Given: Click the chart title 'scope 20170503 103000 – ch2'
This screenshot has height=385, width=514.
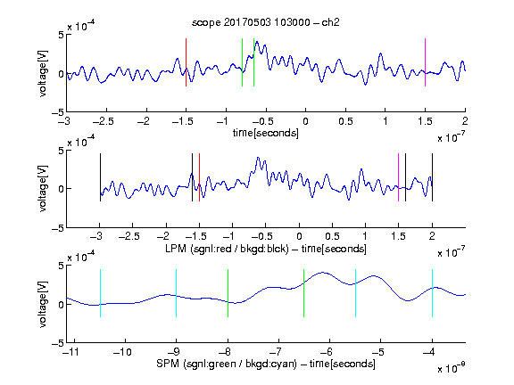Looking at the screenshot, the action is click(x=266, y=22).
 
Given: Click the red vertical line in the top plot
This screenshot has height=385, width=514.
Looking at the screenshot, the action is click(x=186, y=62).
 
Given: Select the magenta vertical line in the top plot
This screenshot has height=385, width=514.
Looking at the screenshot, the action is click(x=425, y=62).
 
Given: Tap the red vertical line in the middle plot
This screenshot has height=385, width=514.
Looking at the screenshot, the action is click(x=199, y=177).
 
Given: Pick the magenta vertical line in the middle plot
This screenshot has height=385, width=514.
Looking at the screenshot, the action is click(x=398, y=177).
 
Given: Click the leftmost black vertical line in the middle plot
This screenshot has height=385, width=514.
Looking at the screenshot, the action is click(x=100, y=177).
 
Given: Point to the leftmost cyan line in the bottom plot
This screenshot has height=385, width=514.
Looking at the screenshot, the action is click(x=100, y=293).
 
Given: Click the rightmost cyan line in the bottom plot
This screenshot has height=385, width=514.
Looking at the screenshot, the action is click(x=432, y=293).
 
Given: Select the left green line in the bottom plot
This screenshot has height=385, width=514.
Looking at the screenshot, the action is click(x=228, y=293).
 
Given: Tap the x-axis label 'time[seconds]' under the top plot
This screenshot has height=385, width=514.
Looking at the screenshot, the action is click(x=266, y=133).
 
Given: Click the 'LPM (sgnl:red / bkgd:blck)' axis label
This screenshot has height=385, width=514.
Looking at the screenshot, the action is click(x=227, y=249).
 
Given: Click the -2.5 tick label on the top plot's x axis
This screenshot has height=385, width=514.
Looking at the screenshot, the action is click(x=104, y=121).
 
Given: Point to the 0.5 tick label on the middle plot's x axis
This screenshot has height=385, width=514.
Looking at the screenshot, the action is click(x=332, y=236).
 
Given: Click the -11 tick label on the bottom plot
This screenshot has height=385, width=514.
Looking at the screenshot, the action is click(x=71, y=352).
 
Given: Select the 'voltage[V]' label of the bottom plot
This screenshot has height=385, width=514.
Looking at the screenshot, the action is click(x=43, y=305).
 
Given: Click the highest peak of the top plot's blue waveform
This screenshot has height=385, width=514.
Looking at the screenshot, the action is click(x=257, y=42).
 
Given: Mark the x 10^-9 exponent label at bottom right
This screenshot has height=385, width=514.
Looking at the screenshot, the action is click(x=452, y=368).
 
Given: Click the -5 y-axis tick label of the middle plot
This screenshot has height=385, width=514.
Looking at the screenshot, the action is click(x=58, y=228).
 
